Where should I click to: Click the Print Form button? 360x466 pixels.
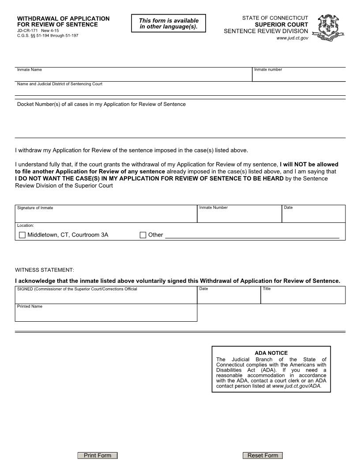pyautogui.click(x=97, y=455)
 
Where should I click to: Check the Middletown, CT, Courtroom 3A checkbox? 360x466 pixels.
pyautogui.click(x=22, y=235)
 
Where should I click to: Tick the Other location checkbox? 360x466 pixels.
pyautogui.click(x=143, y=235)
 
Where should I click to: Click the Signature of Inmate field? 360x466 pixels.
pyautogui.click(x=106, y=216)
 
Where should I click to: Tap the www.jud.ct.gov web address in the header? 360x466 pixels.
pyautogui.click(x=292, y=38)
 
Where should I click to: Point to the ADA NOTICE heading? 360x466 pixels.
pyautogui.click(x=271, y=353)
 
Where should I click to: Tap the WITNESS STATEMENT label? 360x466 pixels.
pyautogui.click(x=45, y=270)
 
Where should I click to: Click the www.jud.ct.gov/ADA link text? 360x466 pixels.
pyautogui.click(x=296, y=386)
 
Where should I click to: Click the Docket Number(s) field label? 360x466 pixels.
pyautogui.click(x=101, y=104)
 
